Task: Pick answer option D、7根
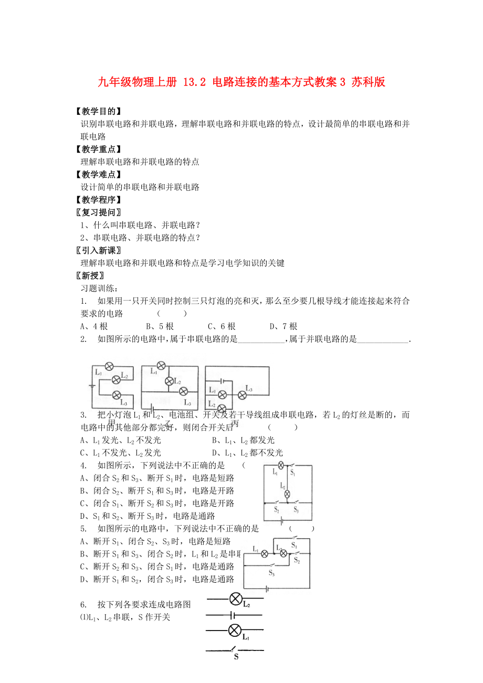283,326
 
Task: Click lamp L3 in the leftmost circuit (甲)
117,394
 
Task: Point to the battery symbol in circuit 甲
92,387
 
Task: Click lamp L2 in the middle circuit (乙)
169,381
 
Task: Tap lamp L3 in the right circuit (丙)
243,394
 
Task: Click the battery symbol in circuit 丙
223,381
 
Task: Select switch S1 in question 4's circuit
293,465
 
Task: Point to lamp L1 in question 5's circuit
265,553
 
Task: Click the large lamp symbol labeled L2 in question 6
236,598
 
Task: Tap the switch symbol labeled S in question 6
236,650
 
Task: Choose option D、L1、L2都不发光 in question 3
247,453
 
